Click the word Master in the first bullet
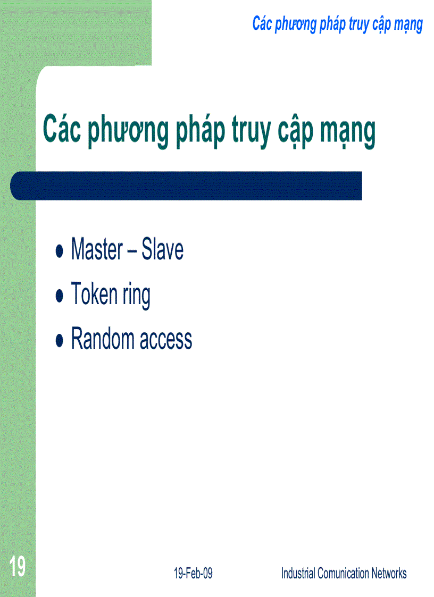(97, 250)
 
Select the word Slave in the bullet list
(162, 250)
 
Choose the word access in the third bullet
(166, 340)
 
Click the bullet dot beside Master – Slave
(60, 251)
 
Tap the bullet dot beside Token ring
(60, 296)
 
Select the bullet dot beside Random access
(60, 340)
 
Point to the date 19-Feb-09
(193, 573)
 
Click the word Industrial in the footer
(299, 573)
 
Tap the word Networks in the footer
(389, 573)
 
